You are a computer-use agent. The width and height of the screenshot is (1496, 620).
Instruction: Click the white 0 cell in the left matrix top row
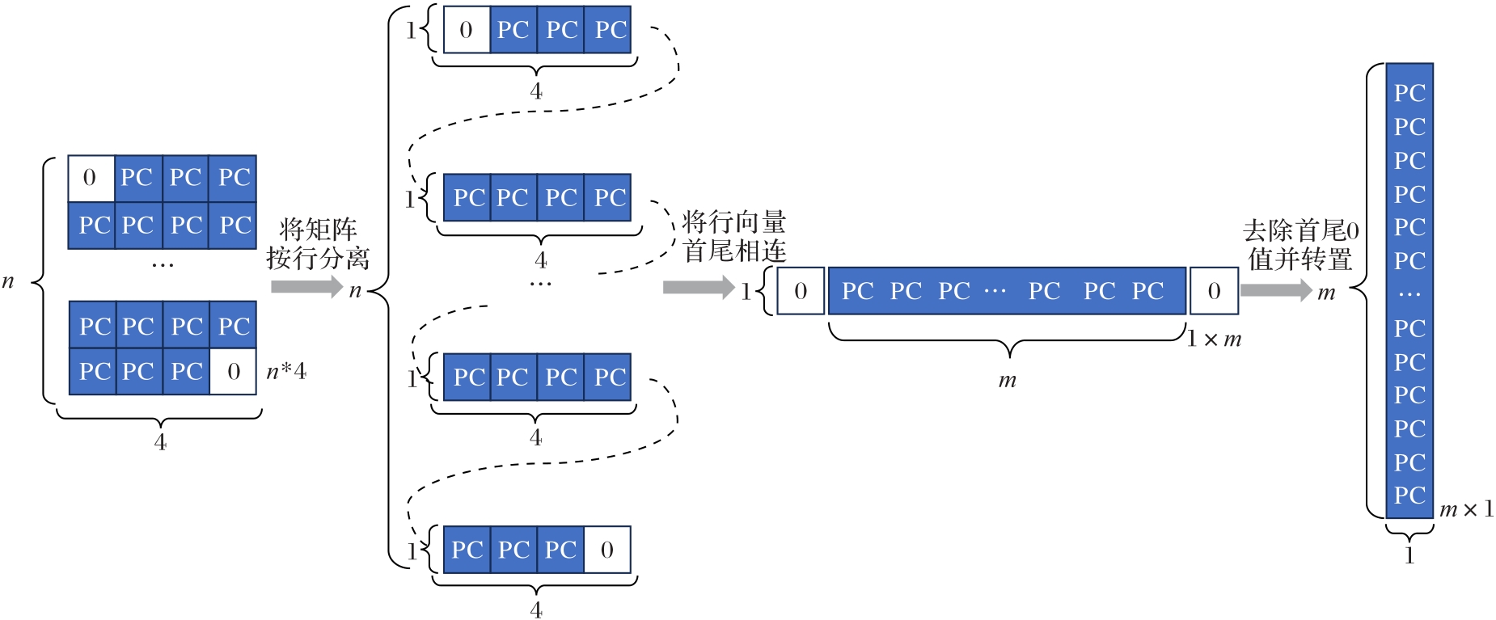91,178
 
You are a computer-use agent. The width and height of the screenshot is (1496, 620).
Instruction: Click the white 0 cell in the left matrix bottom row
233,372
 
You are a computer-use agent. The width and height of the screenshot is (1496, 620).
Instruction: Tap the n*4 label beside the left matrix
286,372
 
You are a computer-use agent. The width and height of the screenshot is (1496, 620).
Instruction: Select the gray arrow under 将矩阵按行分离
306,286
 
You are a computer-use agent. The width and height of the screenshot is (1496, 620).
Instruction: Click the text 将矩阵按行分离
318,243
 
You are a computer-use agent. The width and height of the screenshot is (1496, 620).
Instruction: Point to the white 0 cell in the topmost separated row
467,31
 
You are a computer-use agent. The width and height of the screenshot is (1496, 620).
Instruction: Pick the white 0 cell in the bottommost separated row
607,550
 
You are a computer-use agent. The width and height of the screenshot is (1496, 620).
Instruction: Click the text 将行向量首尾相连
733,236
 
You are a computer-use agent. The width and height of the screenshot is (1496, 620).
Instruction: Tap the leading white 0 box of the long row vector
801,291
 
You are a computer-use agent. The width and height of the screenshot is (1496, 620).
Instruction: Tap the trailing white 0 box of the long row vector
1214,291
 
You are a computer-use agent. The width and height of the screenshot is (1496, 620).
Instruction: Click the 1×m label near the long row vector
1214,340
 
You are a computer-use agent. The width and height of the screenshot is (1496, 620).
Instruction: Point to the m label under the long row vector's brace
1007,380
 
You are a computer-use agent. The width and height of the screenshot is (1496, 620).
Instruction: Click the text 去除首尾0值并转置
1300,245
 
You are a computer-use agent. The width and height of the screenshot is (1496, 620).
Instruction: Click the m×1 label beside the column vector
1466,510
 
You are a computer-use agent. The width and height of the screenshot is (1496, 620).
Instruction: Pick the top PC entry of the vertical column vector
1409,94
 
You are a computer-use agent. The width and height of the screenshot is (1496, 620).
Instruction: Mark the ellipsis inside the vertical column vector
1409,295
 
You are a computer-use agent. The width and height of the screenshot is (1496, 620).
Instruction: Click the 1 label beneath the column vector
1409,555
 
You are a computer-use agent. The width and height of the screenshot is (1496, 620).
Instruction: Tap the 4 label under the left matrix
160,442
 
